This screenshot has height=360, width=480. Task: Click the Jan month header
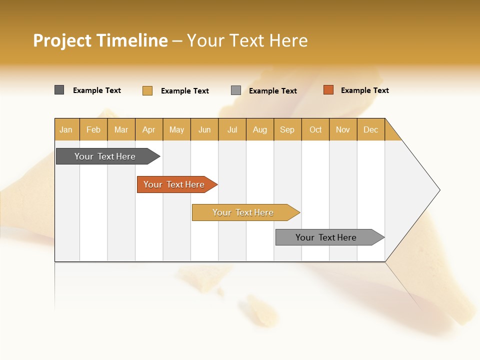click(x=66, y=129)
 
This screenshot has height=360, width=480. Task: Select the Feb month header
click(x=93, y=129)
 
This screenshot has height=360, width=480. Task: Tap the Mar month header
click(x=121, y=129)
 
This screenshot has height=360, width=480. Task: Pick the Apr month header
click(x=149, y=129)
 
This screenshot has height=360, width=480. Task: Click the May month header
click(x=176, y=129)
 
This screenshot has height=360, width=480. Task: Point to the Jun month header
click(x=204, y=129)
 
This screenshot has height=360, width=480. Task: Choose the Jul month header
click(x=232, y=129)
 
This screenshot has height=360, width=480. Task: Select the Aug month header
click(x=260, y=129)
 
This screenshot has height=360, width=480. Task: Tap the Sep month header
click(x=287, y=129)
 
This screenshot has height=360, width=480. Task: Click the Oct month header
click(x=315, y=129)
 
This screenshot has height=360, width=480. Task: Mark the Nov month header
click(x=343, y=129)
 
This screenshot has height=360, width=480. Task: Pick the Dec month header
click(x=370, y=129)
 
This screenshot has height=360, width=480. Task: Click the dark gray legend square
click(x=59, y=90)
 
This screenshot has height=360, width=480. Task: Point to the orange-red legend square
click(x=328, y=90)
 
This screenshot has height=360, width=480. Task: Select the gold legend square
click(x=147, y=90)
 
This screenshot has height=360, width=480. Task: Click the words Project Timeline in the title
click(x=100, y=40)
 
